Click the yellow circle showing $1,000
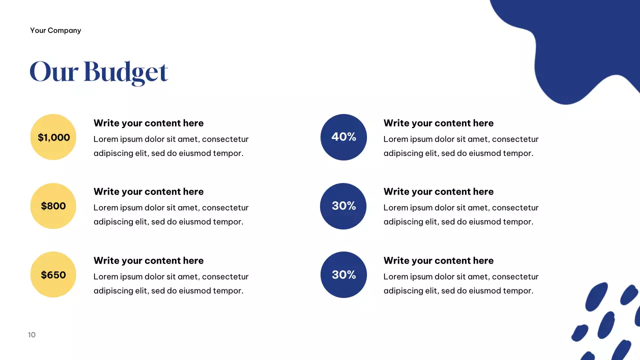53,137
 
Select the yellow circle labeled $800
53,206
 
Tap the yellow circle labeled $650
53,274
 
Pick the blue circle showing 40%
343,137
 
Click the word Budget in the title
125,71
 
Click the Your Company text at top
55,30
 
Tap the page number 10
32,335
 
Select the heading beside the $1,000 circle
148,123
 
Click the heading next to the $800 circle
148,191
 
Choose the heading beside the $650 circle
148,260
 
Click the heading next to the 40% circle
438,123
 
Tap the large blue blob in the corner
575,45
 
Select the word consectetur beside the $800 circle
225,207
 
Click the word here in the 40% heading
483,123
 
